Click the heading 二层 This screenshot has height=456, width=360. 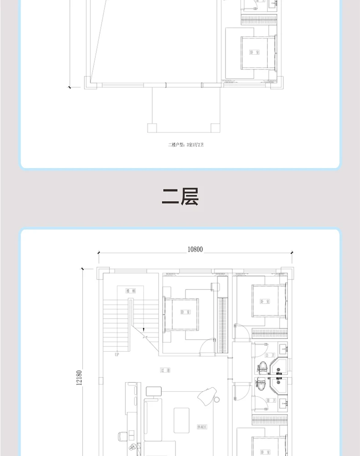[180, 197]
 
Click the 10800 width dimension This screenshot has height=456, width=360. [195, 249]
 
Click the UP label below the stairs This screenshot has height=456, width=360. [117, 354]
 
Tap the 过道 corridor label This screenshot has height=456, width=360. [165, 370]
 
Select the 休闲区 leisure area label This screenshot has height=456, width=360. [202, 427]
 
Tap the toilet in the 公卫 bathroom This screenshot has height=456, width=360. [262, 366]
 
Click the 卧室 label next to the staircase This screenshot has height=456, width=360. [185, 312]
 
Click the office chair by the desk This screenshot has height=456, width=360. [121, 435]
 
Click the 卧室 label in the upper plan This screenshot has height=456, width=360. [253, 52]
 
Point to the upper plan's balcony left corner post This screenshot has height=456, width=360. [152, 127]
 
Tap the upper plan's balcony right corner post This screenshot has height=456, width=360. [216, 127]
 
